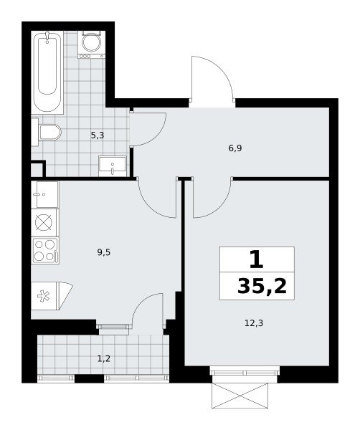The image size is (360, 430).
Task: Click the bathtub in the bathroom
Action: pos(47,72)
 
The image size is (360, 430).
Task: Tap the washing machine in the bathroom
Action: pos(92,44)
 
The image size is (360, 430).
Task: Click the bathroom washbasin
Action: pos(113,166)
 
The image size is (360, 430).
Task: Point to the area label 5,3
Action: pos(98,135)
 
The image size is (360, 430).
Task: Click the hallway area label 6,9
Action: pos(235,148)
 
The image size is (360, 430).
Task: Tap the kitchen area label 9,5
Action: pos(104,252)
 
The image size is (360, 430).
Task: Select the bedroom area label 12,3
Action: pos(254,323)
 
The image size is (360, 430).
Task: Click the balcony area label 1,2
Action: pos(104,358)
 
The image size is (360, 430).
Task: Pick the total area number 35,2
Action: pos(262,285)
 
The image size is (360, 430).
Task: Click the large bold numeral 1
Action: pos(257,260)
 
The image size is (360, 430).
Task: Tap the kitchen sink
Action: pos(44,194)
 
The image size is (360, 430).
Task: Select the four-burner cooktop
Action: pos(45,251)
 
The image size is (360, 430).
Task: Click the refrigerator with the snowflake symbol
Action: pos(52,296)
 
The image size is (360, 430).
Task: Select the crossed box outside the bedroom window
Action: pos(240,396)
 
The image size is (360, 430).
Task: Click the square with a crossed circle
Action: pos(44,223)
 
